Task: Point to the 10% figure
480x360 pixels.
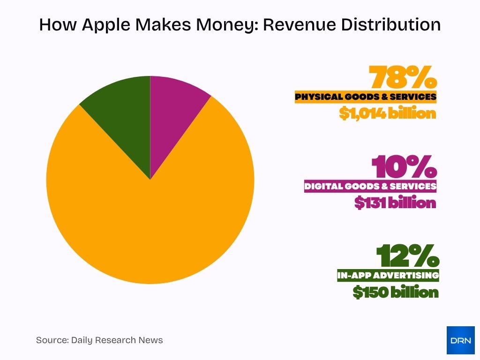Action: pos(405,167)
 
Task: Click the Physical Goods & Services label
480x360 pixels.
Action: pos(366,97)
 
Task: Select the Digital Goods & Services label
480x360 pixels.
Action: pos(370,186)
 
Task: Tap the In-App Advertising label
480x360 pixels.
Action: pos(388,275)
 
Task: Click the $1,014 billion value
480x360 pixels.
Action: pos(388,113)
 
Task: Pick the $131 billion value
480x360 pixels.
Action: pos(395,202)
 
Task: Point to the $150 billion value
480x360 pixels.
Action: pos(396,292)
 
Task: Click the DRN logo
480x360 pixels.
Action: pos(460,340)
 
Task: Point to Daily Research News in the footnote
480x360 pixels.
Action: pos(117,340)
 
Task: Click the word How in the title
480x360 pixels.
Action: pos(55,24)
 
